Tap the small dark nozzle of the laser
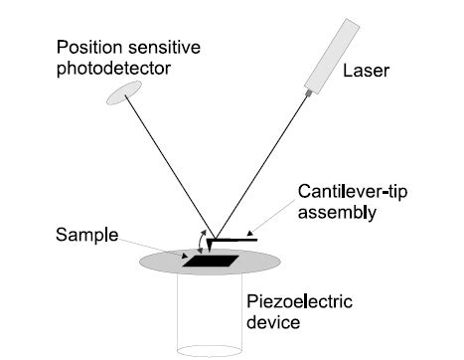click(310, 92)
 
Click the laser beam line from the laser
click(263, 159)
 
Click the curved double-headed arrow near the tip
click(204, 242)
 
